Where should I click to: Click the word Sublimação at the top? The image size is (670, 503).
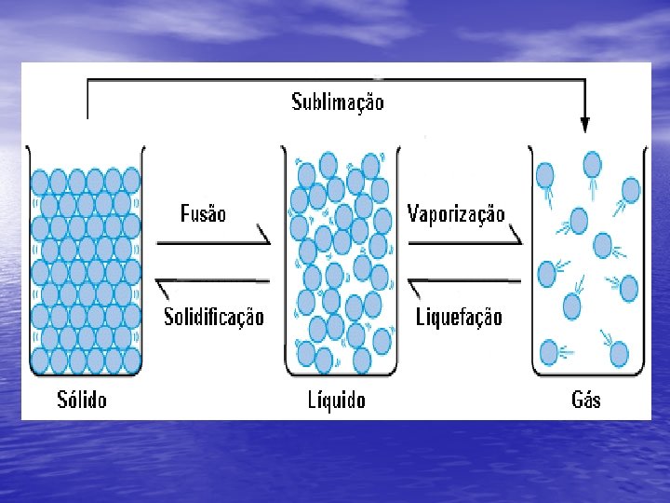pyautogui.click(x=337, y=101)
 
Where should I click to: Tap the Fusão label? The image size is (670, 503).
pyautogui.click(x=202, y=214)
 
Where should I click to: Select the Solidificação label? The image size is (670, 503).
pyautogui.click(x=213, y=317)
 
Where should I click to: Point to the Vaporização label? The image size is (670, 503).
pyautogui.click(x=456, y=214)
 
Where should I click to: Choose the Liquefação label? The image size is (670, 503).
pyautogui.click(x=458, y=317)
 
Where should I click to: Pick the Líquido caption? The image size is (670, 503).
pyautogui.click(x=337, y=401)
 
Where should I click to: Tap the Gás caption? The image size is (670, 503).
pyautogui.click(x=585, y=401)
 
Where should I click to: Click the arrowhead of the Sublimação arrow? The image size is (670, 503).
pyautogui.click(x=584, y=124)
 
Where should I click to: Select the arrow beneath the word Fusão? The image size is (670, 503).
pyautogui.click(x=213, y=240)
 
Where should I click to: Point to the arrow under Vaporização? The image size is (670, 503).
pyautogui.click(x=465, y=240)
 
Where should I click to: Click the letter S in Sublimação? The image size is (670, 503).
pyautogui.click(x=297, y=101)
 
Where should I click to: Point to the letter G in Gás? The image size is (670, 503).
pyautogui.click(x=577, y=401)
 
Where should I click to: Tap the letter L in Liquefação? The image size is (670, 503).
pyautogui.click(x=420, y=317)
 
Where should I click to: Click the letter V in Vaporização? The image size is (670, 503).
pyautogui.click(x=413, y=214)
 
